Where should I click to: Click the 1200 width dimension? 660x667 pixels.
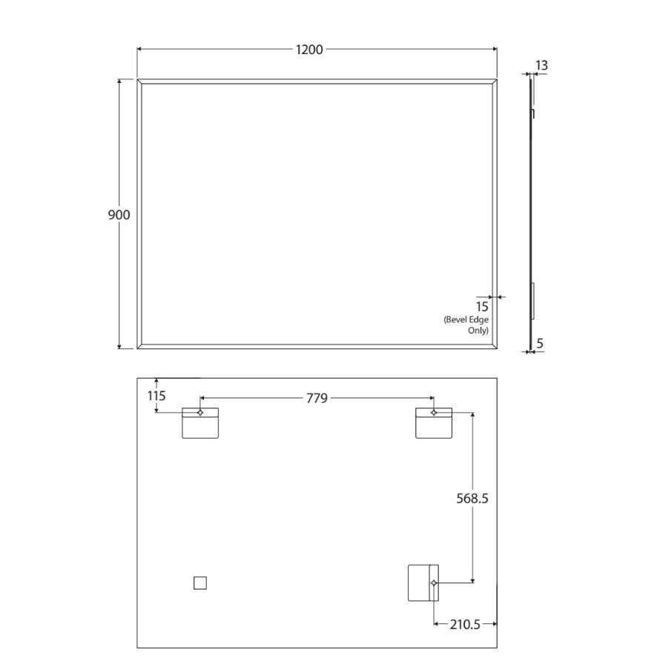click(x=309, y=50)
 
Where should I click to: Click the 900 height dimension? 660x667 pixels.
click(x=119, y=215)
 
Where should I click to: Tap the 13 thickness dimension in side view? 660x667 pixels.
click(x=541, y=65)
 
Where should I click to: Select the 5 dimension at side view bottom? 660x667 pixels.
click(x=540, y=343)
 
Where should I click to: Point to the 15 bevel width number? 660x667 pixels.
click(x=482, y=307)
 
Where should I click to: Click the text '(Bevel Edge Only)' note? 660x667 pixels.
click(x=466, y=325)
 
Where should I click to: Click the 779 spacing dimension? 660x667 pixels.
click(x=317, y=398)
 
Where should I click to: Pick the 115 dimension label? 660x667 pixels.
click(x=156, y=396)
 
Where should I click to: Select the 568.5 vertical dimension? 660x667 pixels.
click(x=472, y=498)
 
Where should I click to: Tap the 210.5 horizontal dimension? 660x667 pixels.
click(x=465, y=625)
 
